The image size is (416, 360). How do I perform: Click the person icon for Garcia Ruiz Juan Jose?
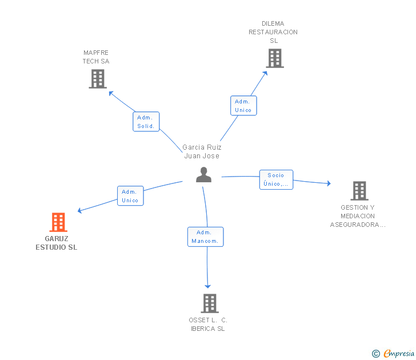[x=203, y=175]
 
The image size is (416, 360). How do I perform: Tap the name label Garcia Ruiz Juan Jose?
[x=202, y=151]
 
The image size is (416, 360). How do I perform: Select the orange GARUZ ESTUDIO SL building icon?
[x=58, y=222]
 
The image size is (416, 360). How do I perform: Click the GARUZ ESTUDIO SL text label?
[x=56, y=243]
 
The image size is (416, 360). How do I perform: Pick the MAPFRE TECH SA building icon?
[x=98, y=79]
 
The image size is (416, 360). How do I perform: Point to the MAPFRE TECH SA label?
[x=95, y=57]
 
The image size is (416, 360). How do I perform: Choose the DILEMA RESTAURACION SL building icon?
[x=274, y=58]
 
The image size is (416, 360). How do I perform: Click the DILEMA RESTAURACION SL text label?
[x=273, y=32]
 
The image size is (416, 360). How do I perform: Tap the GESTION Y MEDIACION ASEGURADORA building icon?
[x=359, y=191]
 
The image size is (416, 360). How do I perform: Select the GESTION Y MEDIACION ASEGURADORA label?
[x=358, y=216]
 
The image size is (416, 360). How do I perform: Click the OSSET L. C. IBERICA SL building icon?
[x=210, y=303]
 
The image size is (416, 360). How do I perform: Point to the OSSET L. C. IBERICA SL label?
[x=208, y=324]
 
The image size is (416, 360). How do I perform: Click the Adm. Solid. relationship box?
[x=146, y=122]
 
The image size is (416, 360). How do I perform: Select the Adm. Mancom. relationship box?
[x=205, y=237]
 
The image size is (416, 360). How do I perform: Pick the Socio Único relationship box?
[x=276, y=179]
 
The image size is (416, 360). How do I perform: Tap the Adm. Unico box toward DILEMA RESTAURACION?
[x=243, y=106]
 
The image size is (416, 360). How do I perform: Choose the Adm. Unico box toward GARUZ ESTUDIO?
[x=130, y=196]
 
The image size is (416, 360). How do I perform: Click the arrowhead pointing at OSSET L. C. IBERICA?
[x=208, y=286]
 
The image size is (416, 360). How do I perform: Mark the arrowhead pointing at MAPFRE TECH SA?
[x=111, y=92]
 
